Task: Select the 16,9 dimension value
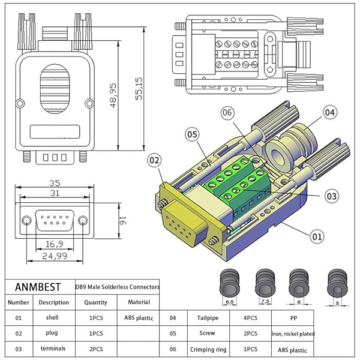(53, 243)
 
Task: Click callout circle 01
(317, 237)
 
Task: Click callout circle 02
(154, 161)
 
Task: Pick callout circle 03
(334, 196)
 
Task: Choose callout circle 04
(330, 112)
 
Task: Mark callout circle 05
(191, 136)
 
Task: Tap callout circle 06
(227, 112)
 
